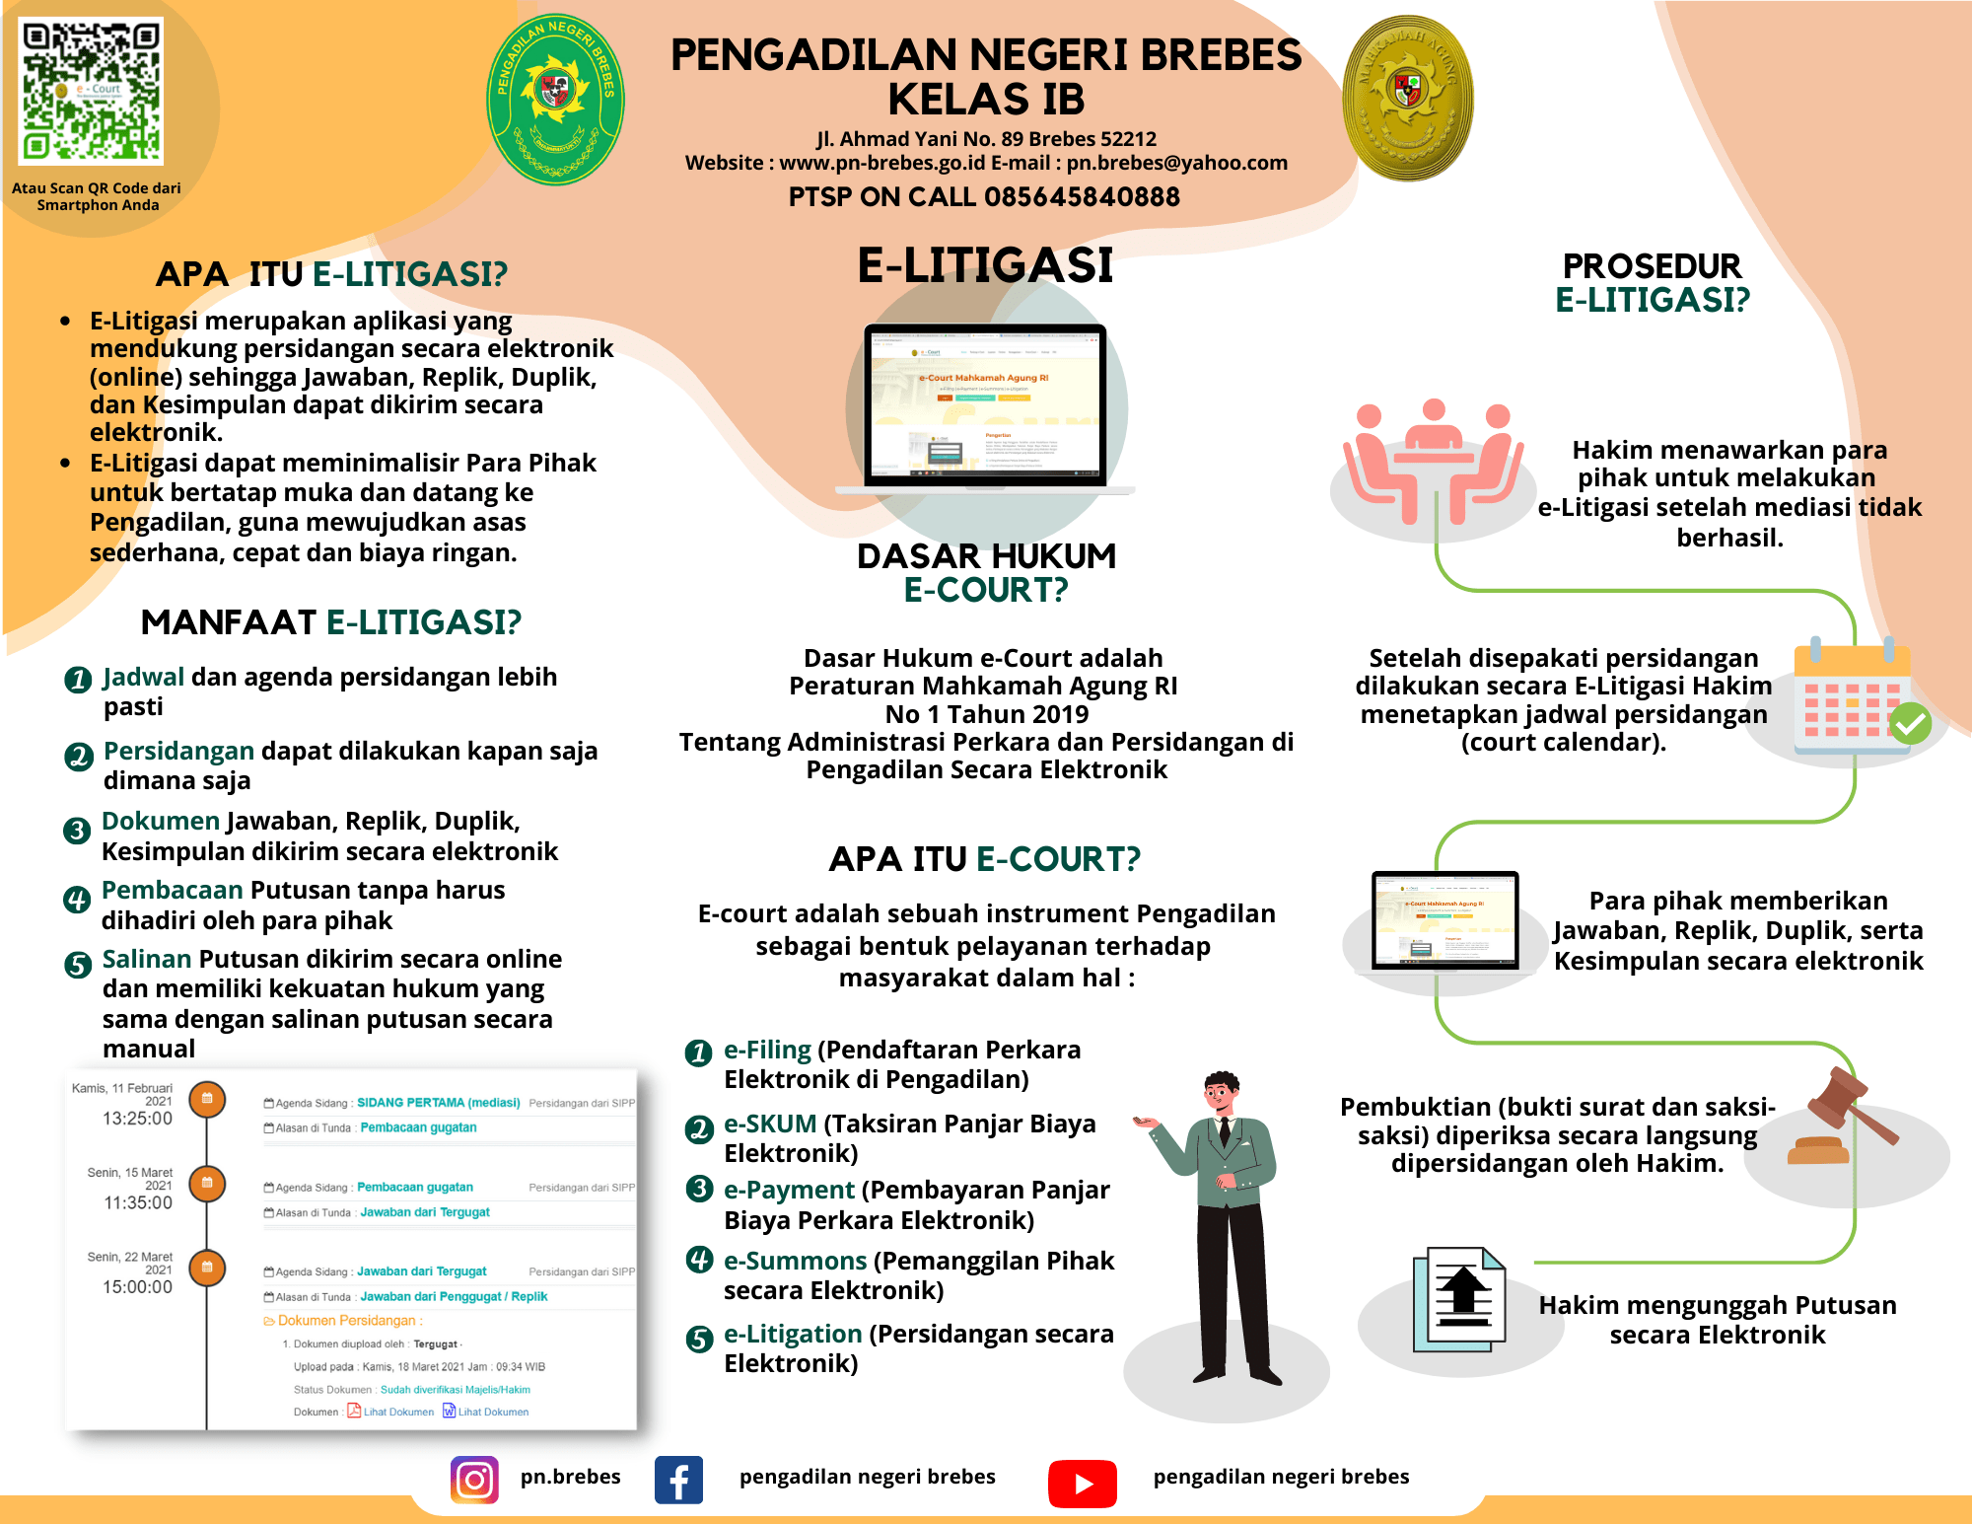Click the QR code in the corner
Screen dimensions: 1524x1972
pyautogui.click(x=91, y=91)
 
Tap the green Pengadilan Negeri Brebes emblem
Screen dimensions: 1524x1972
pyautogui.click(x=556, y=99)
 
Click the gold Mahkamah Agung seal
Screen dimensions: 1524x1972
pyautogui.click(x=1407, y=97)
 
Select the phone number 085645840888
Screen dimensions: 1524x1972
pyautogui.click(x=1082, y=197)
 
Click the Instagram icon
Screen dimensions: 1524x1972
pyautogui.click(x=474, y=1480)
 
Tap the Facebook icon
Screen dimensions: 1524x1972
pyautogui.click(x=678, y=1480)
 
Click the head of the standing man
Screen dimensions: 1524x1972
pyautogui.click(x=1222, y=1092)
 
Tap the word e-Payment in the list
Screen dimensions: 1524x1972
pyautogui.click(x=789, y=1191)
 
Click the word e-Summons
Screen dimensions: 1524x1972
pyautogui.click(x=795, y=1261)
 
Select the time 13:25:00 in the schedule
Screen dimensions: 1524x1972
pyautogui.click(x=137, y=1119)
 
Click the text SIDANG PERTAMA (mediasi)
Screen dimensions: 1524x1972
pyautogui.click(x=438, y=1103)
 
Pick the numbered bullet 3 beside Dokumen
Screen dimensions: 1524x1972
pyautogui.click(x=76, y=831)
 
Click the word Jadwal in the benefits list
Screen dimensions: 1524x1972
pyautogui.click(x=144, y=677)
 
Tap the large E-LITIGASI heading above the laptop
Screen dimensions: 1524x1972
pyautogui.click(x=985, y=265)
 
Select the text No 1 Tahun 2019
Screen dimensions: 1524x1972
pyautogui.click(x=986, y=714)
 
